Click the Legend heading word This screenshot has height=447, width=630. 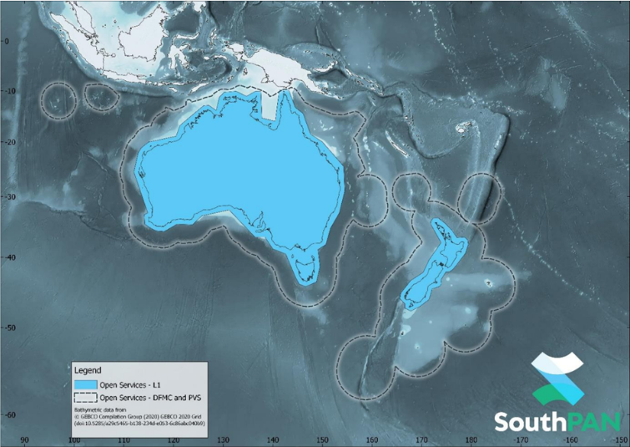(88, 369)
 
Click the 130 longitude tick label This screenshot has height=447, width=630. (223, 439)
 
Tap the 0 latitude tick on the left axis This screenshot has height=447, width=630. (7, 41)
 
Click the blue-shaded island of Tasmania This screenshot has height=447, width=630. (307, 269)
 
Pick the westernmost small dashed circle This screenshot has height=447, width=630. (58, 99)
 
